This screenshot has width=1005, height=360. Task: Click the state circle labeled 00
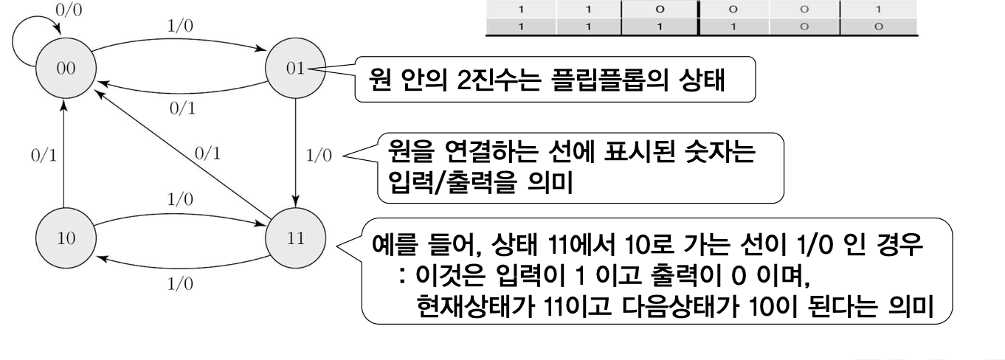[x=64, y=75]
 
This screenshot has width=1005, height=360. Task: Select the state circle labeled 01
[x=295, y=75]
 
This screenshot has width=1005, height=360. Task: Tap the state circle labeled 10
[x=64, y=240]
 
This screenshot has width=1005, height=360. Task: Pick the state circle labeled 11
[x=295, y=240]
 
